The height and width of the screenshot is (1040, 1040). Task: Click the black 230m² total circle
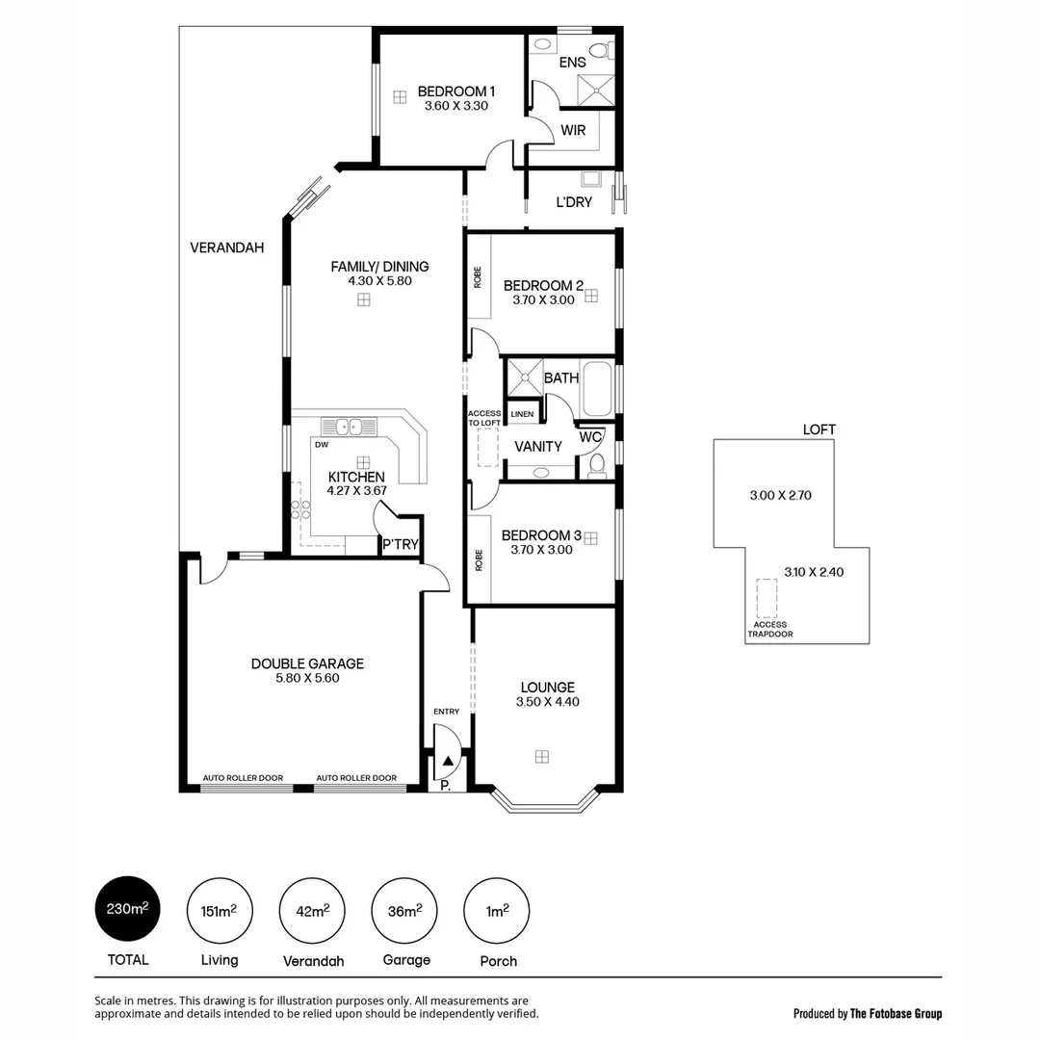coord(127,909)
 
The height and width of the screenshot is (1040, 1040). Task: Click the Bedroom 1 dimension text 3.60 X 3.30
coord(456,106)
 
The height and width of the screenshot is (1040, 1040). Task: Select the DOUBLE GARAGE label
coord(307,663)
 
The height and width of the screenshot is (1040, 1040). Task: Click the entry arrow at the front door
coord(448,761)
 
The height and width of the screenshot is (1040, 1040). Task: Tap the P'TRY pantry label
coord(401,545)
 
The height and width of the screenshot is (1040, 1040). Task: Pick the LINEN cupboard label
coord(522,414)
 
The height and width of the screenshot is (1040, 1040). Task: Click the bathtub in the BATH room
coord(596,389)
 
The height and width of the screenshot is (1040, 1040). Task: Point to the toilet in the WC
coord(596,466)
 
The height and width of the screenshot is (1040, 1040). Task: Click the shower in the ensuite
coord(597,89)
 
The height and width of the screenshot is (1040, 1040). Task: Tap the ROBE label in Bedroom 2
coord(478,277)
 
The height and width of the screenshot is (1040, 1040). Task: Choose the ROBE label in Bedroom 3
coord(479,560)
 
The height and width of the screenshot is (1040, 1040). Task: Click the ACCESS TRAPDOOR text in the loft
coord(769,630)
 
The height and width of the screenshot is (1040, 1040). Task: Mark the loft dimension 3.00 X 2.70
coord(781,496)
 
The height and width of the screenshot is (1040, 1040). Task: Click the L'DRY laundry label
coord(574,202)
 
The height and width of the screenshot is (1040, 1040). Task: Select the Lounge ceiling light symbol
coord(542,756)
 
